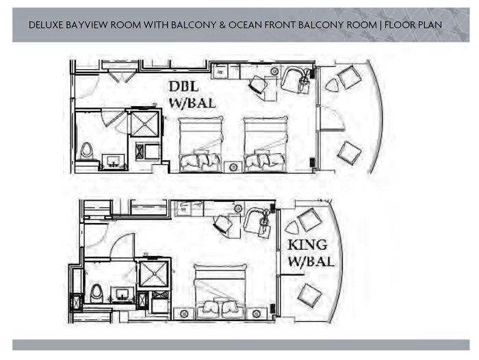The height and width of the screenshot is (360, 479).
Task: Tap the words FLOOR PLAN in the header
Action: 413,25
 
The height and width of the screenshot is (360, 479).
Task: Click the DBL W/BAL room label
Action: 192,94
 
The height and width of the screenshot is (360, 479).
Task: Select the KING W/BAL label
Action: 311,253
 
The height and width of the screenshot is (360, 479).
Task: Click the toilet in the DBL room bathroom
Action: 87,151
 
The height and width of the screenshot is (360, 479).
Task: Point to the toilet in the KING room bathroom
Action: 97,293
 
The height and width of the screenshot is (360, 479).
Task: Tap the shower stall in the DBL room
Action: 144,124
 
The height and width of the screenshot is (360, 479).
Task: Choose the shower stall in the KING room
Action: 153,274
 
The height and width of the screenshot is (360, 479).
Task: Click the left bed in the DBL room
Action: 200,144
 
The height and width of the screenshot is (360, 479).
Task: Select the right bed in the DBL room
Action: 266,144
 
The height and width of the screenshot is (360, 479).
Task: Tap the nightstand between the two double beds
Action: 233,167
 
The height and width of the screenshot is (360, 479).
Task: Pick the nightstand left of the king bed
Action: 184,313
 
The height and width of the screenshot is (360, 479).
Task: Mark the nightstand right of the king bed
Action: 257,313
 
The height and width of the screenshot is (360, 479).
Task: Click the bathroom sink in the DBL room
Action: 114,161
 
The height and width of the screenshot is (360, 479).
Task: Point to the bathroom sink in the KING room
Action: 122,294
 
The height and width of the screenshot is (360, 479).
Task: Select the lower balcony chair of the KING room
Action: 309,294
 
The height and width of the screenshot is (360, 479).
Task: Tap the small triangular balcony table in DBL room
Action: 333,85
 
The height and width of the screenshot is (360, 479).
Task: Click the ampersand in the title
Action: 222,25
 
